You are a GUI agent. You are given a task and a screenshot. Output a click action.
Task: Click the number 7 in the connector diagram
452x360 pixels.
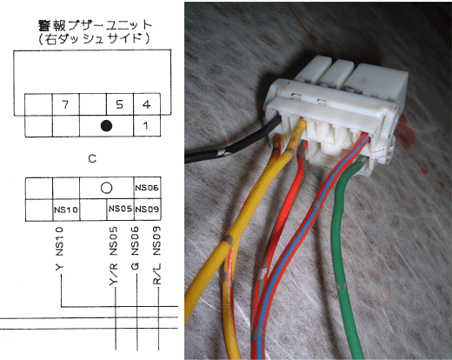(65, 104)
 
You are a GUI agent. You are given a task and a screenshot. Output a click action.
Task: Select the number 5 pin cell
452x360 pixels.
(120, 104)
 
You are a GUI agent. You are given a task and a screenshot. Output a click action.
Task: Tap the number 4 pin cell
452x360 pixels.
(147, 104)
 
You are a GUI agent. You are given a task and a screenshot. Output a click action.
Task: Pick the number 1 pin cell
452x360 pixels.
(147, 126)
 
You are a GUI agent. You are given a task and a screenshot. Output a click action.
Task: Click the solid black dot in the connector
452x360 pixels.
(106, 125)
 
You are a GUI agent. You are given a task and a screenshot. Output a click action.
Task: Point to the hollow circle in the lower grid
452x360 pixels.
(106, 188)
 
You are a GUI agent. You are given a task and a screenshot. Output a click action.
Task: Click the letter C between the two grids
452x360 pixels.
(92, 158)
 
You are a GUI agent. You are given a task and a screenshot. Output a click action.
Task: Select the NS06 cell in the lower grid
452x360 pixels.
(147, 188)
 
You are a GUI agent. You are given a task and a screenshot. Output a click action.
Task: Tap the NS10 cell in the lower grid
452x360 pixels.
(66, 210)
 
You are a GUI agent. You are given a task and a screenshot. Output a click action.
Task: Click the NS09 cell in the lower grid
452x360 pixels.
(147, 210)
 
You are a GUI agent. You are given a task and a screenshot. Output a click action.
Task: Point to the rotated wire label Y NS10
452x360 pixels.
(59, 249)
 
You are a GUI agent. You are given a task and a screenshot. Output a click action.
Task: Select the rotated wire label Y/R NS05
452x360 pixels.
(113, 256)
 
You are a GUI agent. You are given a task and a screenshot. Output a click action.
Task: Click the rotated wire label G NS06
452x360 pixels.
(135, 249)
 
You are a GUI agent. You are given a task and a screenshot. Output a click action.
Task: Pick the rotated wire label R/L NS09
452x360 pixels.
(156, 256)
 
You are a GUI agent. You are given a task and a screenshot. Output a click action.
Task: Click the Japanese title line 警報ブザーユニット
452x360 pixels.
(96, 25)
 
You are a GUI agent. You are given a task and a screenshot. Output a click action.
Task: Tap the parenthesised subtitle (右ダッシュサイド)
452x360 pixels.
(94, 39)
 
